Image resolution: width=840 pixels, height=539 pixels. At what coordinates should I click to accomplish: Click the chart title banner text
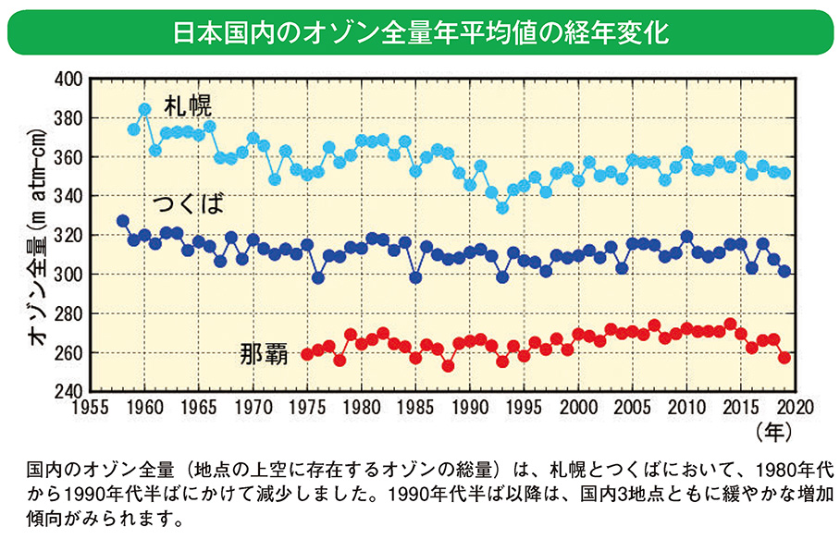click(420, 32)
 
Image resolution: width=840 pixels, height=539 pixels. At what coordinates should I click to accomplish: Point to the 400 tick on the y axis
click(68, 80)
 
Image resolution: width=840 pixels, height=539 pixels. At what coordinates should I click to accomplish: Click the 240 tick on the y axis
click(68, 392)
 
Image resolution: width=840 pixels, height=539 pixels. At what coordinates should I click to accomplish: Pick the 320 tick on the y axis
click(68, 236)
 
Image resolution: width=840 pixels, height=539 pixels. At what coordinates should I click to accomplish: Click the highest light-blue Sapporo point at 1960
click(144, 109)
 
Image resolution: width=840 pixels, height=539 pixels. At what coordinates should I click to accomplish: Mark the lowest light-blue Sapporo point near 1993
click(502, 208)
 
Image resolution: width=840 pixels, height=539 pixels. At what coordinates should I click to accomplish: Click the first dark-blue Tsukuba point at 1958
click(123, 221)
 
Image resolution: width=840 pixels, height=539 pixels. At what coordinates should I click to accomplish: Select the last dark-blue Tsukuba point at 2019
click(784, 271)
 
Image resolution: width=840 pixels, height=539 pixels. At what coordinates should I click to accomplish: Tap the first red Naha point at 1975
click(307, 354)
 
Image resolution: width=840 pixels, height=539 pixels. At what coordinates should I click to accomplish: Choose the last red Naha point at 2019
click(784, 357)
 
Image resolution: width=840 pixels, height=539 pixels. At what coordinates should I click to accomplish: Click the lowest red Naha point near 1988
click(448, 365)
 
